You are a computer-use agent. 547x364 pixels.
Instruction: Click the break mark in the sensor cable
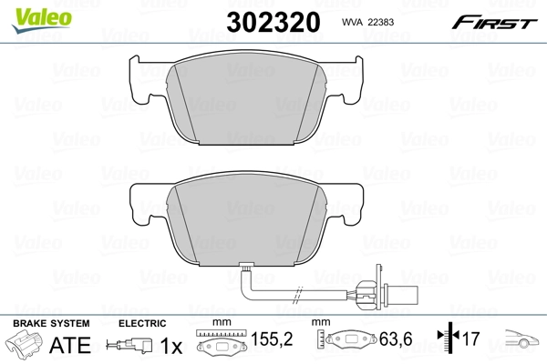(297, 295)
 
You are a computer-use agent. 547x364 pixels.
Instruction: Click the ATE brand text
(69, 346)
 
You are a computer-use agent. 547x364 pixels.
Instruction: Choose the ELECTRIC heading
(142, 324)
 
